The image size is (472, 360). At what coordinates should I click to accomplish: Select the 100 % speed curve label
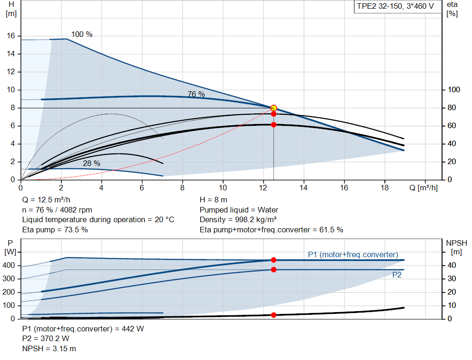(82, 35)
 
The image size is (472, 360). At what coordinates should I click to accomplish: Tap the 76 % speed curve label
(196, 94)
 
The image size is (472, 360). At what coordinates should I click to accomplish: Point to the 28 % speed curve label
(91, 163)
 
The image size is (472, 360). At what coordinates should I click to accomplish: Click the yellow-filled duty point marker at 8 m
(273, 108)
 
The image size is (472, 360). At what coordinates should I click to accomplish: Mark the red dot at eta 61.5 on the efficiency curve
(273, 124)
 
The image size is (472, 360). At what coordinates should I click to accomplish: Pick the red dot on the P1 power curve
(273, 260)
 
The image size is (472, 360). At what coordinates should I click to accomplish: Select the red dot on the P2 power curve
(273, 270)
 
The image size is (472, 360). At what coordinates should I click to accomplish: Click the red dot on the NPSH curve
(273, 315)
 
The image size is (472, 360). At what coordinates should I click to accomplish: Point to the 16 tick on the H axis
(11, 36)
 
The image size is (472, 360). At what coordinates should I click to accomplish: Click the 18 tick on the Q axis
(384, 188)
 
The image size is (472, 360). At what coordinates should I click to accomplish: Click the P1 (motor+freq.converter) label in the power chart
(353, 254)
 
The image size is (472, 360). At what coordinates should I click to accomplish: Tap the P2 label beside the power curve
(397, 275)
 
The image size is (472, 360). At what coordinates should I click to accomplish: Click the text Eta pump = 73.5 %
(55, 230)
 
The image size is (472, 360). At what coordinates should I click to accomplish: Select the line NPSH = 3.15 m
(49, 348)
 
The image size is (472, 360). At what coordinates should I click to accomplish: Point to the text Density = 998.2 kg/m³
(238, 220)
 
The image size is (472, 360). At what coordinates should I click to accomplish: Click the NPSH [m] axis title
(456, 247)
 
